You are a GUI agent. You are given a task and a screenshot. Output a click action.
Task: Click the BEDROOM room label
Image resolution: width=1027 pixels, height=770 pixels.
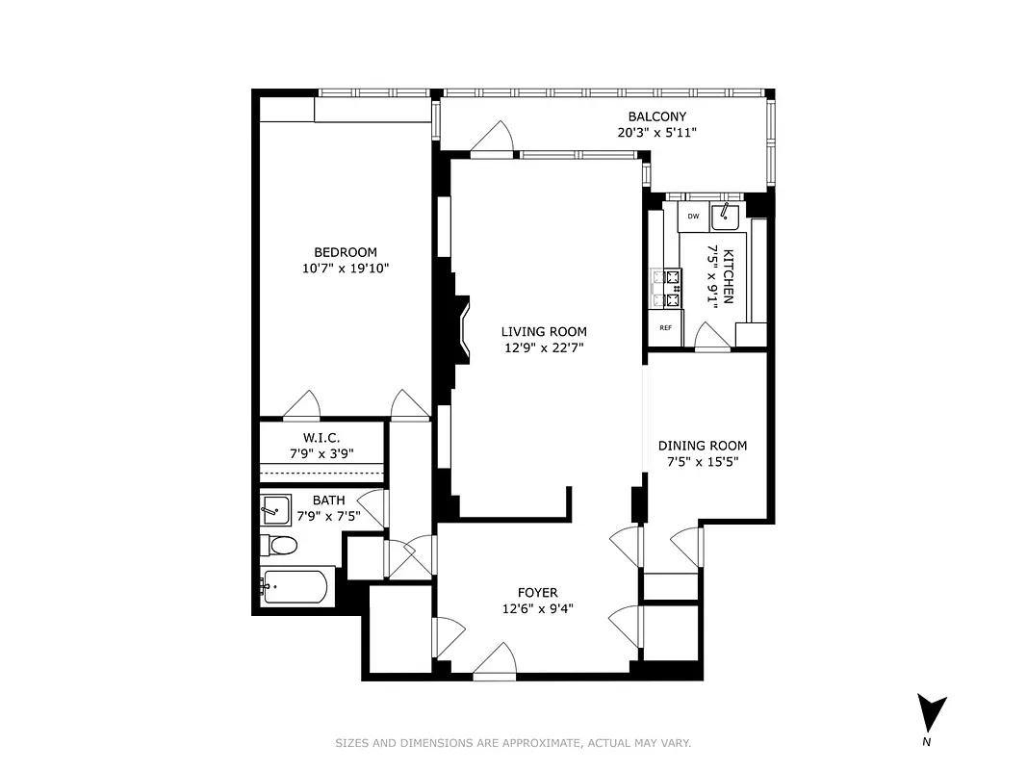tap(346, 252)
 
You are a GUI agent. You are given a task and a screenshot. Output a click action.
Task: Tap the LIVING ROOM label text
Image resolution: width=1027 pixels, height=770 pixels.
tap(543, 332)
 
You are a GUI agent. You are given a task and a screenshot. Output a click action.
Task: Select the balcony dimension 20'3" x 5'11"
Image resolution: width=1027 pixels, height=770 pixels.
tap(656, 133)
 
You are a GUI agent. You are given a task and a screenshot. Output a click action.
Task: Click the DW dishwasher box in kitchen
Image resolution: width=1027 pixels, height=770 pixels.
tap(693, 217)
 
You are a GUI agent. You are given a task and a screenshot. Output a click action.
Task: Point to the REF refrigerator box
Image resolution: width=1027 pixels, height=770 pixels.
tap(665, 327)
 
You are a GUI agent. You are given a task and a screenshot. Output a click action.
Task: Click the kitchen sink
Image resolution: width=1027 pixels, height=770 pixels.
tap(725, 218)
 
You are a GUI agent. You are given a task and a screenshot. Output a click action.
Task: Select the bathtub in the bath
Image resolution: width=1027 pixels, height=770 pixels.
tap(296, 585)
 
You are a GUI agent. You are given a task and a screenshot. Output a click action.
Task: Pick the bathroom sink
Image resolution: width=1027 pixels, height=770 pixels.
tap(275, 509)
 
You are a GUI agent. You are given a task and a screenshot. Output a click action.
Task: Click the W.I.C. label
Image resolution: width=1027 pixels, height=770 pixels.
tap(321, 437)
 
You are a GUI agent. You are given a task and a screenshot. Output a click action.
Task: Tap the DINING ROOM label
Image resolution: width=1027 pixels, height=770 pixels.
tap(703, 446)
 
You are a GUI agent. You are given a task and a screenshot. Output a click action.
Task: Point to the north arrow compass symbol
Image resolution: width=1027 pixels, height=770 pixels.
tap(931, 715)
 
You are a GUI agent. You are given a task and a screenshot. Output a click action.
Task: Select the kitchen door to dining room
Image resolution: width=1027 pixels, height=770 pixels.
tap(711, 337)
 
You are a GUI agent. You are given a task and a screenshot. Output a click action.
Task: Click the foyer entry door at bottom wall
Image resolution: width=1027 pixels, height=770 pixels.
tap(496, 663)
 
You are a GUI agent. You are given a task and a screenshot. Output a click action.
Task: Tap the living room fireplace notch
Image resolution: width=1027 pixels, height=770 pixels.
tap(462, 331)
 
